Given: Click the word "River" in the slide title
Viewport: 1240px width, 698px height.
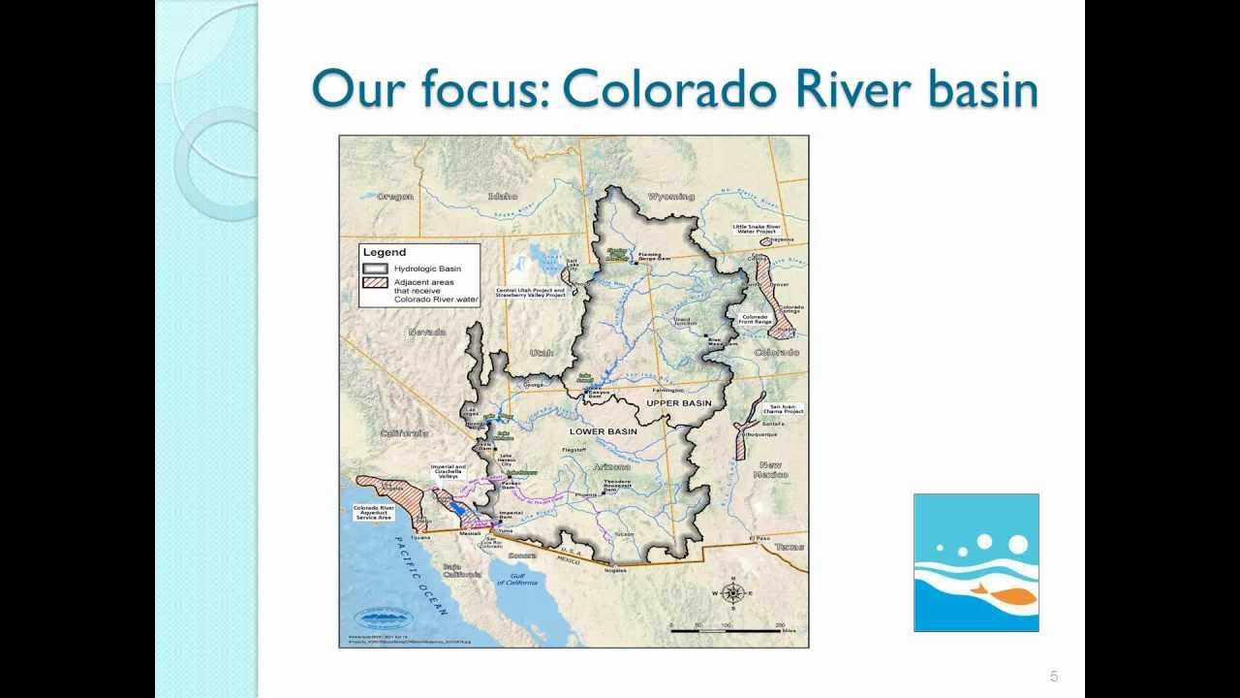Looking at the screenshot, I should point(850,89).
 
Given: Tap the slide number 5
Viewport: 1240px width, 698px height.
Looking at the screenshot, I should point(1054,677).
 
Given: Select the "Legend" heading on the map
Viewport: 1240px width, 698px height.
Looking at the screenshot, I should point(384,252).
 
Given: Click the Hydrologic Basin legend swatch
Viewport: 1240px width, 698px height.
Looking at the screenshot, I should point(375,269).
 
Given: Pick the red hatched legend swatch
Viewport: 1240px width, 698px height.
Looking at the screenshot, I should point(375,283).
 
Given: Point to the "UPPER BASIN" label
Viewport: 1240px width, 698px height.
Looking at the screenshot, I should point(679,402).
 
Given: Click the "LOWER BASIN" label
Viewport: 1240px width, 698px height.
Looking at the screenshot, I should point(604,431).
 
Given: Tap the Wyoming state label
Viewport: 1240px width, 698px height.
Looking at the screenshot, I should point(670,197).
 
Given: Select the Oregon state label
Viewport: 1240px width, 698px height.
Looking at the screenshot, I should point(395,197).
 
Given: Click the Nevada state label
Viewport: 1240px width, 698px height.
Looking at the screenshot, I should point(427,333).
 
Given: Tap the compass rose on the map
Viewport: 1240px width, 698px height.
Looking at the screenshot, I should point(733,593).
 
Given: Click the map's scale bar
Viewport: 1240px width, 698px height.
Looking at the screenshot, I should point(727,631).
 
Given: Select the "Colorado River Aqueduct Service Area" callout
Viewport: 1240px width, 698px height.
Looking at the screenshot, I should point(373,512).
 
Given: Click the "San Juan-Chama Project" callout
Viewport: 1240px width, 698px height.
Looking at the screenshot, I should point(786,408).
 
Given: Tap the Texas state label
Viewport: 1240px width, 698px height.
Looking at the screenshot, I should point(790,547).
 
